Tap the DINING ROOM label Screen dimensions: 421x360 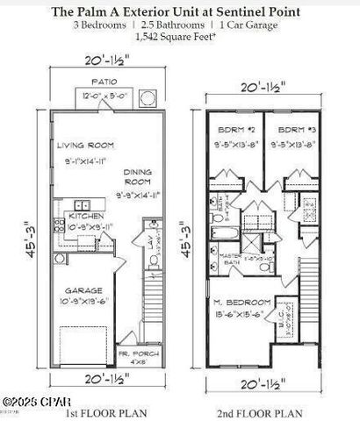(x=139, y=177)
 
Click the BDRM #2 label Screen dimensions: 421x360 (x=233, y=131)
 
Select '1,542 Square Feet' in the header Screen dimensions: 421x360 (x=180, y=39)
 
